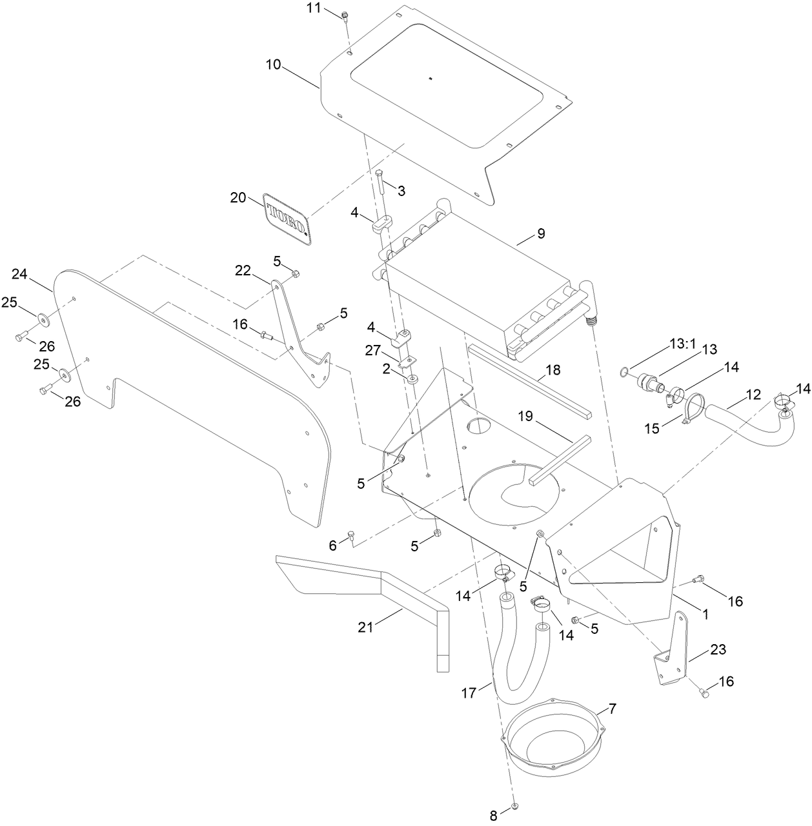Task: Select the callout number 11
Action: point(313,8)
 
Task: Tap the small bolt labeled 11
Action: point(345,16)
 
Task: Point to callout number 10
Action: point(273,64)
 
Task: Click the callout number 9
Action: point(541,233)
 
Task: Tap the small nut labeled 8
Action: point(514,807)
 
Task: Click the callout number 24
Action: point(21,275)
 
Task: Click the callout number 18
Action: point(553,370)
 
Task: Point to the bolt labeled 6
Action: point(351,535)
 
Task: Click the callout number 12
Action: point(736,393)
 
